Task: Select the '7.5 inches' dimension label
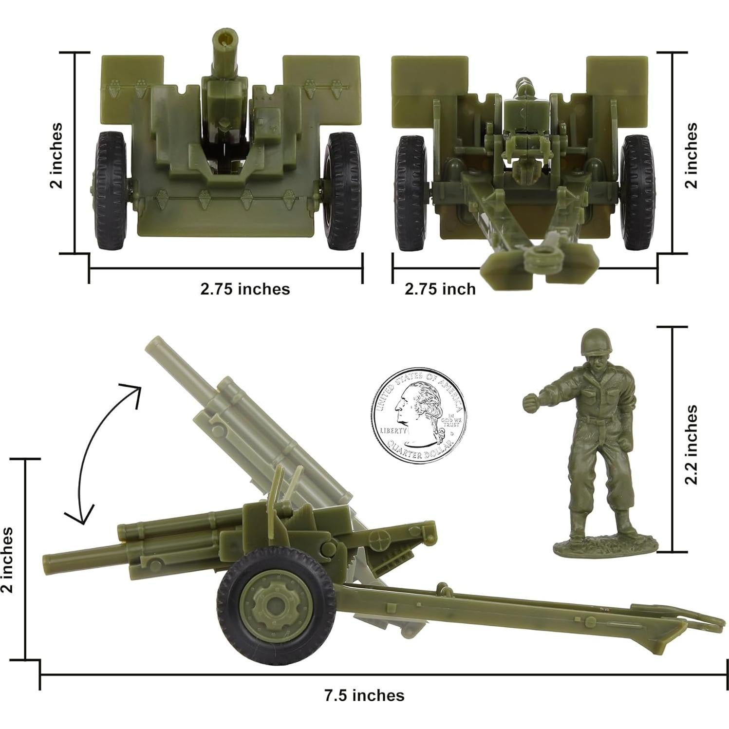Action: click(364, 695)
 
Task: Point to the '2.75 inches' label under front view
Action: click(245, 289)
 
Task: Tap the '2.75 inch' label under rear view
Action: click(440, 289)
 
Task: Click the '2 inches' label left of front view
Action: click(56, 155)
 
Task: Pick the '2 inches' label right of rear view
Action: click(691, 155)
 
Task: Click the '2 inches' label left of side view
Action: click(7, 560)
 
